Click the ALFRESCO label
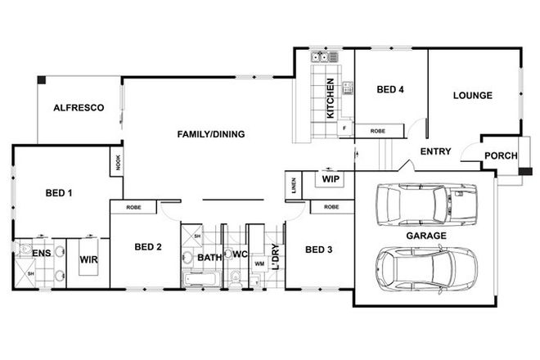click(x=78, y=108)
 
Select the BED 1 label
click(x=58, y=194)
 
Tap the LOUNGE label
click(x=472, y=96)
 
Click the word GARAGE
click(x=425, y=236)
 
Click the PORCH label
click(x=499, y=157)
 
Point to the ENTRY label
click(x=436, y=152)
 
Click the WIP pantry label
click(x=331, y=178)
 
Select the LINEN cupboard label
click(x=291, y=187)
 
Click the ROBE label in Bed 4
click(x=378, y=130)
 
